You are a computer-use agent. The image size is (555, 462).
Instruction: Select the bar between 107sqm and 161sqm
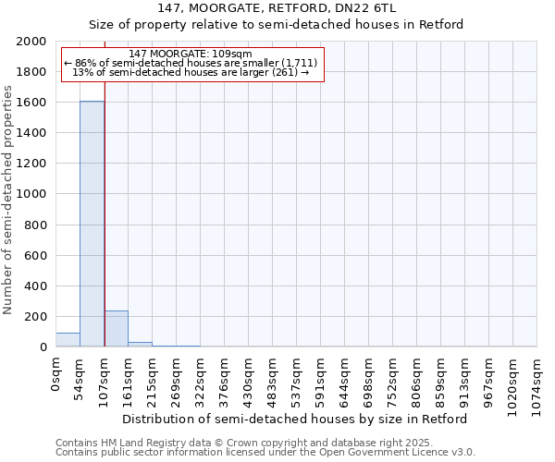coord(116,329)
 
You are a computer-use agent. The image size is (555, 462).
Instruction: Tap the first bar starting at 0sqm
coord(68,340)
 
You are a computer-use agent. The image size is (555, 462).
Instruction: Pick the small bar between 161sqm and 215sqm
coord(140,345)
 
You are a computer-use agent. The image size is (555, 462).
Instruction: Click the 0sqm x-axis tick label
coord(56,375)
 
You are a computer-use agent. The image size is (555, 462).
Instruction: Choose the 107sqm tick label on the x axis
coord(105,381)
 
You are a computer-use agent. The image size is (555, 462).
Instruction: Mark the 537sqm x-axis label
coord(297,381)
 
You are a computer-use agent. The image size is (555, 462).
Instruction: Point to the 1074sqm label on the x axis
coord(537,383)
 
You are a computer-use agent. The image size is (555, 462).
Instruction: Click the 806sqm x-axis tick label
coord(417,381)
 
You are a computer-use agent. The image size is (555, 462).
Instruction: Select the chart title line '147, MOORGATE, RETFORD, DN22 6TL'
coord(277,8)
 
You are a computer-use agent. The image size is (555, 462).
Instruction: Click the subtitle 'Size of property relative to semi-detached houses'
coord(277,25)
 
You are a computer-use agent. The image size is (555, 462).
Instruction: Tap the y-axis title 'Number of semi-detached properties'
coord(8,200)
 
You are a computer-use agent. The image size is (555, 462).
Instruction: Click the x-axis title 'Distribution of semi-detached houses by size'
coord(295,419)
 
